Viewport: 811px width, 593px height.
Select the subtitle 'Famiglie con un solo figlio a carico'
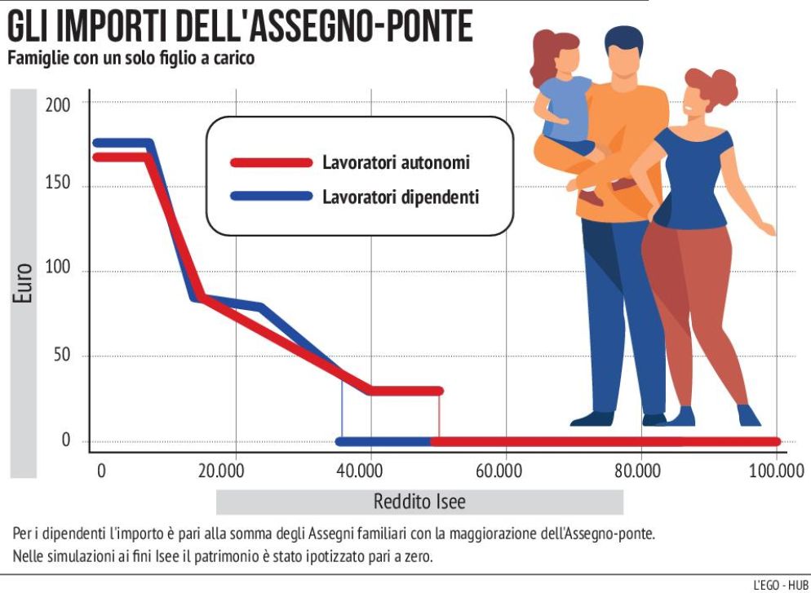[x=131, y=60]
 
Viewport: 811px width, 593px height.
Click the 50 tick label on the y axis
[x=62, y=356]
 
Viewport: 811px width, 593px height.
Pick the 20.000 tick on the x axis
[x=234, y=471]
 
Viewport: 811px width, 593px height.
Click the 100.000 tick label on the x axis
[x=774, y=471]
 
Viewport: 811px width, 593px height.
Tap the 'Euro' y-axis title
[x=23, y=282]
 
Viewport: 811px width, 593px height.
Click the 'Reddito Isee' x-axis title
[x=419, y=501]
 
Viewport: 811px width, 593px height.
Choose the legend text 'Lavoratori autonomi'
[x=396, y=162]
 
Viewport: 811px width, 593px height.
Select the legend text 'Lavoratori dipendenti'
[x=400, y=197]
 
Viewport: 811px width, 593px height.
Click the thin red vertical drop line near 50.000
[x=439, y=416]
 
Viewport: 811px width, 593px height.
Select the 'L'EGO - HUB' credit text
[x=777, y=584]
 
